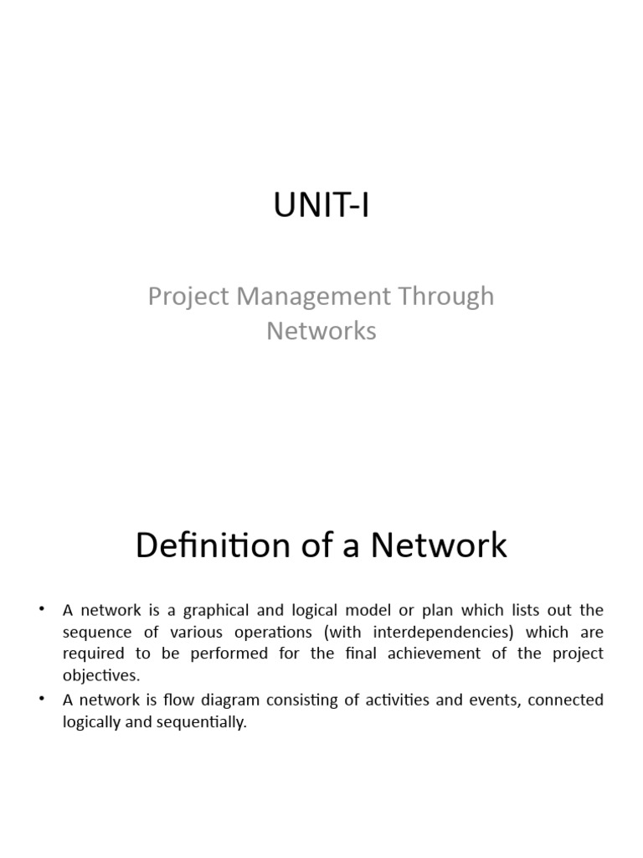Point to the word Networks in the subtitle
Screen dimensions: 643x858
click(321, 331)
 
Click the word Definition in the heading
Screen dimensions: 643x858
click(202, 545)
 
